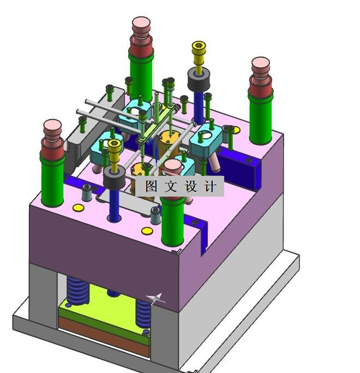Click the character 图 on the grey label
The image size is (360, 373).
pyautogui.click(x=152, y=186)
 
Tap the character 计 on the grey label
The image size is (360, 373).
pyautogui.click(x=211, y=186)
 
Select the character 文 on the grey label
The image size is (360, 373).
pyautogui.click(x=171, y=186)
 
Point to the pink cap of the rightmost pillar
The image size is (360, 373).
pyautogui.click(x=261, y=63)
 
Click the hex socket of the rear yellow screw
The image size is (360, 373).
pyautogui.click(x=199, y=45)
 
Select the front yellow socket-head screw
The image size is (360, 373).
pyautogui.click(x=115, y=155)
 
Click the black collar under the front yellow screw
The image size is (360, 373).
pyautogui.click(x=115, y=177)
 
